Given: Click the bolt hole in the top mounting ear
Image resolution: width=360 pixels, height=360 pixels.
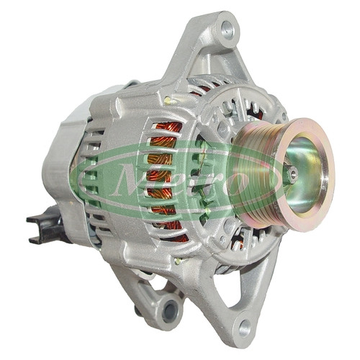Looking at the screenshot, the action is click(228, 30).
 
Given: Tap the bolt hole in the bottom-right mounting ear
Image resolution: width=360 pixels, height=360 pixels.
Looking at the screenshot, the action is click(245, 328).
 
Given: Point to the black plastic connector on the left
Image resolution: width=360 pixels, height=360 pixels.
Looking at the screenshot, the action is click(45, 225).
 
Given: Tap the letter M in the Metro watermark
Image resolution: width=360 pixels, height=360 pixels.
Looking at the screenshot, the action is click(130, 180).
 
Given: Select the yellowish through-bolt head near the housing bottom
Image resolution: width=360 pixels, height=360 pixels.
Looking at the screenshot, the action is click(178, 261).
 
